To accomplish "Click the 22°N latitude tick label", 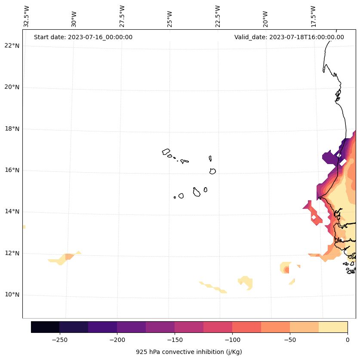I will (12, 46).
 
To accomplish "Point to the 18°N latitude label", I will (12, 129).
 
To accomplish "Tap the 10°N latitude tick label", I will (12, 295).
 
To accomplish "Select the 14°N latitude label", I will (12, 212).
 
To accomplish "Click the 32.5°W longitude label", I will (27, 16).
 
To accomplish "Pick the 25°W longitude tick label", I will (170, 19).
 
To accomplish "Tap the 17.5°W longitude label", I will (313, 16).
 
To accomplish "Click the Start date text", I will (83, 37).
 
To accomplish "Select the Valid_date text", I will (289, 37).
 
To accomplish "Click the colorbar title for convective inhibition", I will (189, 352).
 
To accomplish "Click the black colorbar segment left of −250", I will (45, 327).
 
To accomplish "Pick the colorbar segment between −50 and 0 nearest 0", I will (333, 327).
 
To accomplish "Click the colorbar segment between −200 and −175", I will (131, 327).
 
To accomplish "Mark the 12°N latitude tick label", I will (12, 253).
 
